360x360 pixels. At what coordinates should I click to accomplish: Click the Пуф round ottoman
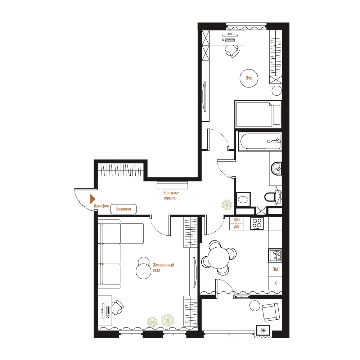249,78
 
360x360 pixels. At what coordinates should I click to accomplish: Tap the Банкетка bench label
123,209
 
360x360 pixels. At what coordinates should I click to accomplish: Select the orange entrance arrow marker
93,199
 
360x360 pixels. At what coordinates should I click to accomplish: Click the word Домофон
101,206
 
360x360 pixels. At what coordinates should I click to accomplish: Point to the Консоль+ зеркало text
171,195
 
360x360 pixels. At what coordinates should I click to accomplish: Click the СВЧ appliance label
237,220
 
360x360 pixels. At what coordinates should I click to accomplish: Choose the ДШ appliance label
237,226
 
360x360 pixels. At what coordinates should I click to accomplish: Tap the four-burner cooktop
257,224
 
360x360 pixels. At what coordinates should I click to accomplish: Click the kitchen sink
275,255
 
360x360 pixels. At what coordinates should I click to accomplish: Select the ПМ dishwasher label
275,269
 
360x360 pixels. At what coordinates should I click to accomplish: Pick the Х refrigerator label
275,283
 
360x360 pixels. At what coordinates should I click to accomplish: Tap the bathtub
260,141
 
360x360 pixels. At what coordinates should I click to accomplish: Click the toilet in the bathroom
270,197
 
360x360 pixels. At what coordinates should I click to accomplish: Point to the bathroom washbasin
276,169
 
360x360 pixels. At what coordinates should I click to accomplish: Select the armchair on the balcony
271,312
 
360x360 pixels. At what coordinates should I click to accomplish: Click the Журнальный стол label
163,268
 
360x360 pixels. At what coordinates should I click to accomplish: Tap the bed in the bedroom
258,114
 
